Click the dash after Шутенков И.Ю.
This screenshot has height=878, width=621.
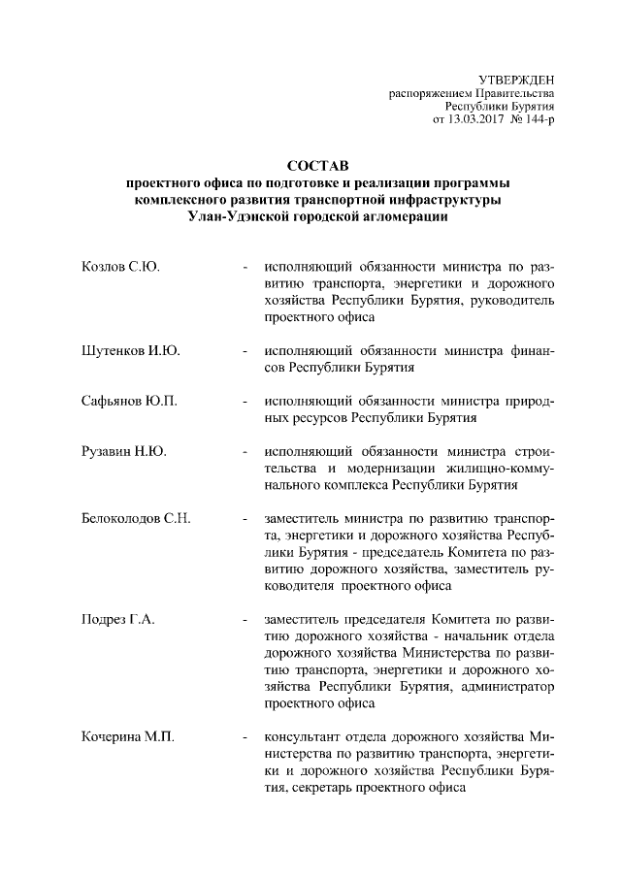point(246,350)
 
